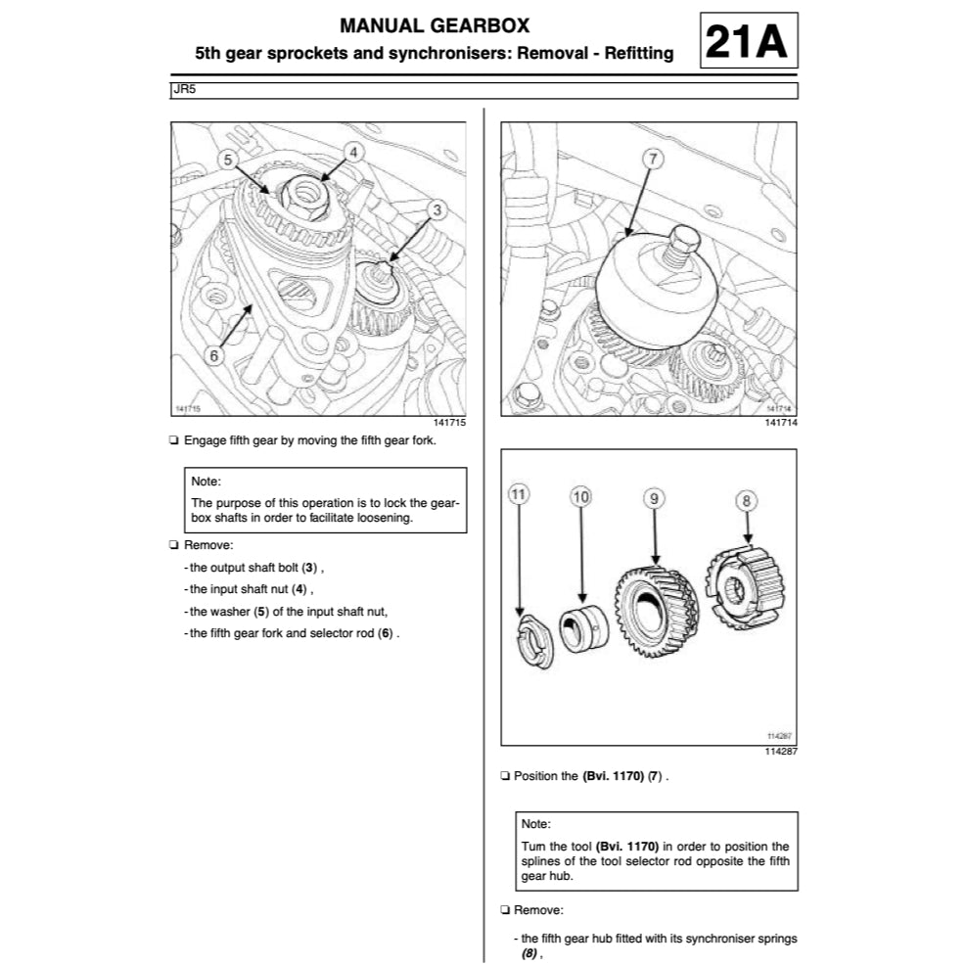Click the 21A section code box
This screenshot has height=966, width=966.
coord(749,41)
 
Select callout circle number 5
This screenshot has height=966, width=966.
coord(227,158)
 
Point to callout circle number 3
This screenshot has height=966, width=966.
coord(437,208)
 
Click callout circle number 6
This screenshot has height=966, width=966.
coord(214,354)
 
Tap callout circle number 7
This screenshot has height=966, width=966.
coord(653,159)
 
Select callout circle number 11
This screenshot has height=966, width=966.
coord(519,497)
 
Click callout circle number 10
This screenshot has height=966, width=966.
coord(581,497)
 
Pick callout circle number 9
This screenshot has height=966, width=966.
coord(654,497)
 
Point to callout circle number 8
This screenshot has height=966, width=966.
coord(747,500)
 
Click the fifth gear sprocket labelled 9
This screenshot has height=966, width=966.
coord(654,614)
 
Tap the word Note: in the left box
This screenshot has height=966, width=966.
coord(206,482)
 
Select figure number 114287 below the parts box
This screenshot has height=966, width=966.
coord(780,753)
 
